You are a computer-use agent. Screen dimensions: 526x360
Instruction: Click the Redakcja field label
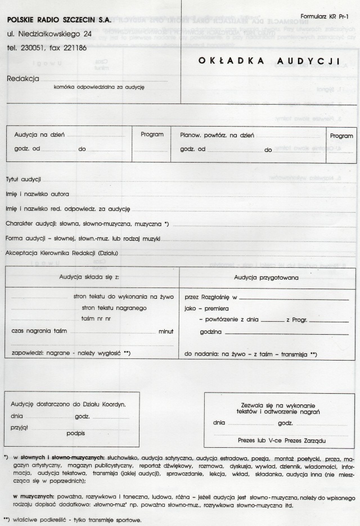[22, 79]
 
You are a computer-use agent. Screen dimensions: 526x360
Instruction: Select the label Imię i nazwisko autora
[37, 194]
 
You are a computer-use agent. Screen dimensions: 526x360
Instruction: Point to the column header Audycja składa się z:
[89, 277]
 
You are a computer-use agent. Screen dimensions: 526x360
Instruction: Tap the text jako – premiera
[208, 308]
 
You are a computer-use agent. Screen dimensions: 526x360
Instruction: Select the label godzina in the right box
[210, 332]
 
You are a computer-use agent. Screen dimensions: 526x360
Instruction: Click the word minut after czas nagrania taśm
[165, 331]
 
